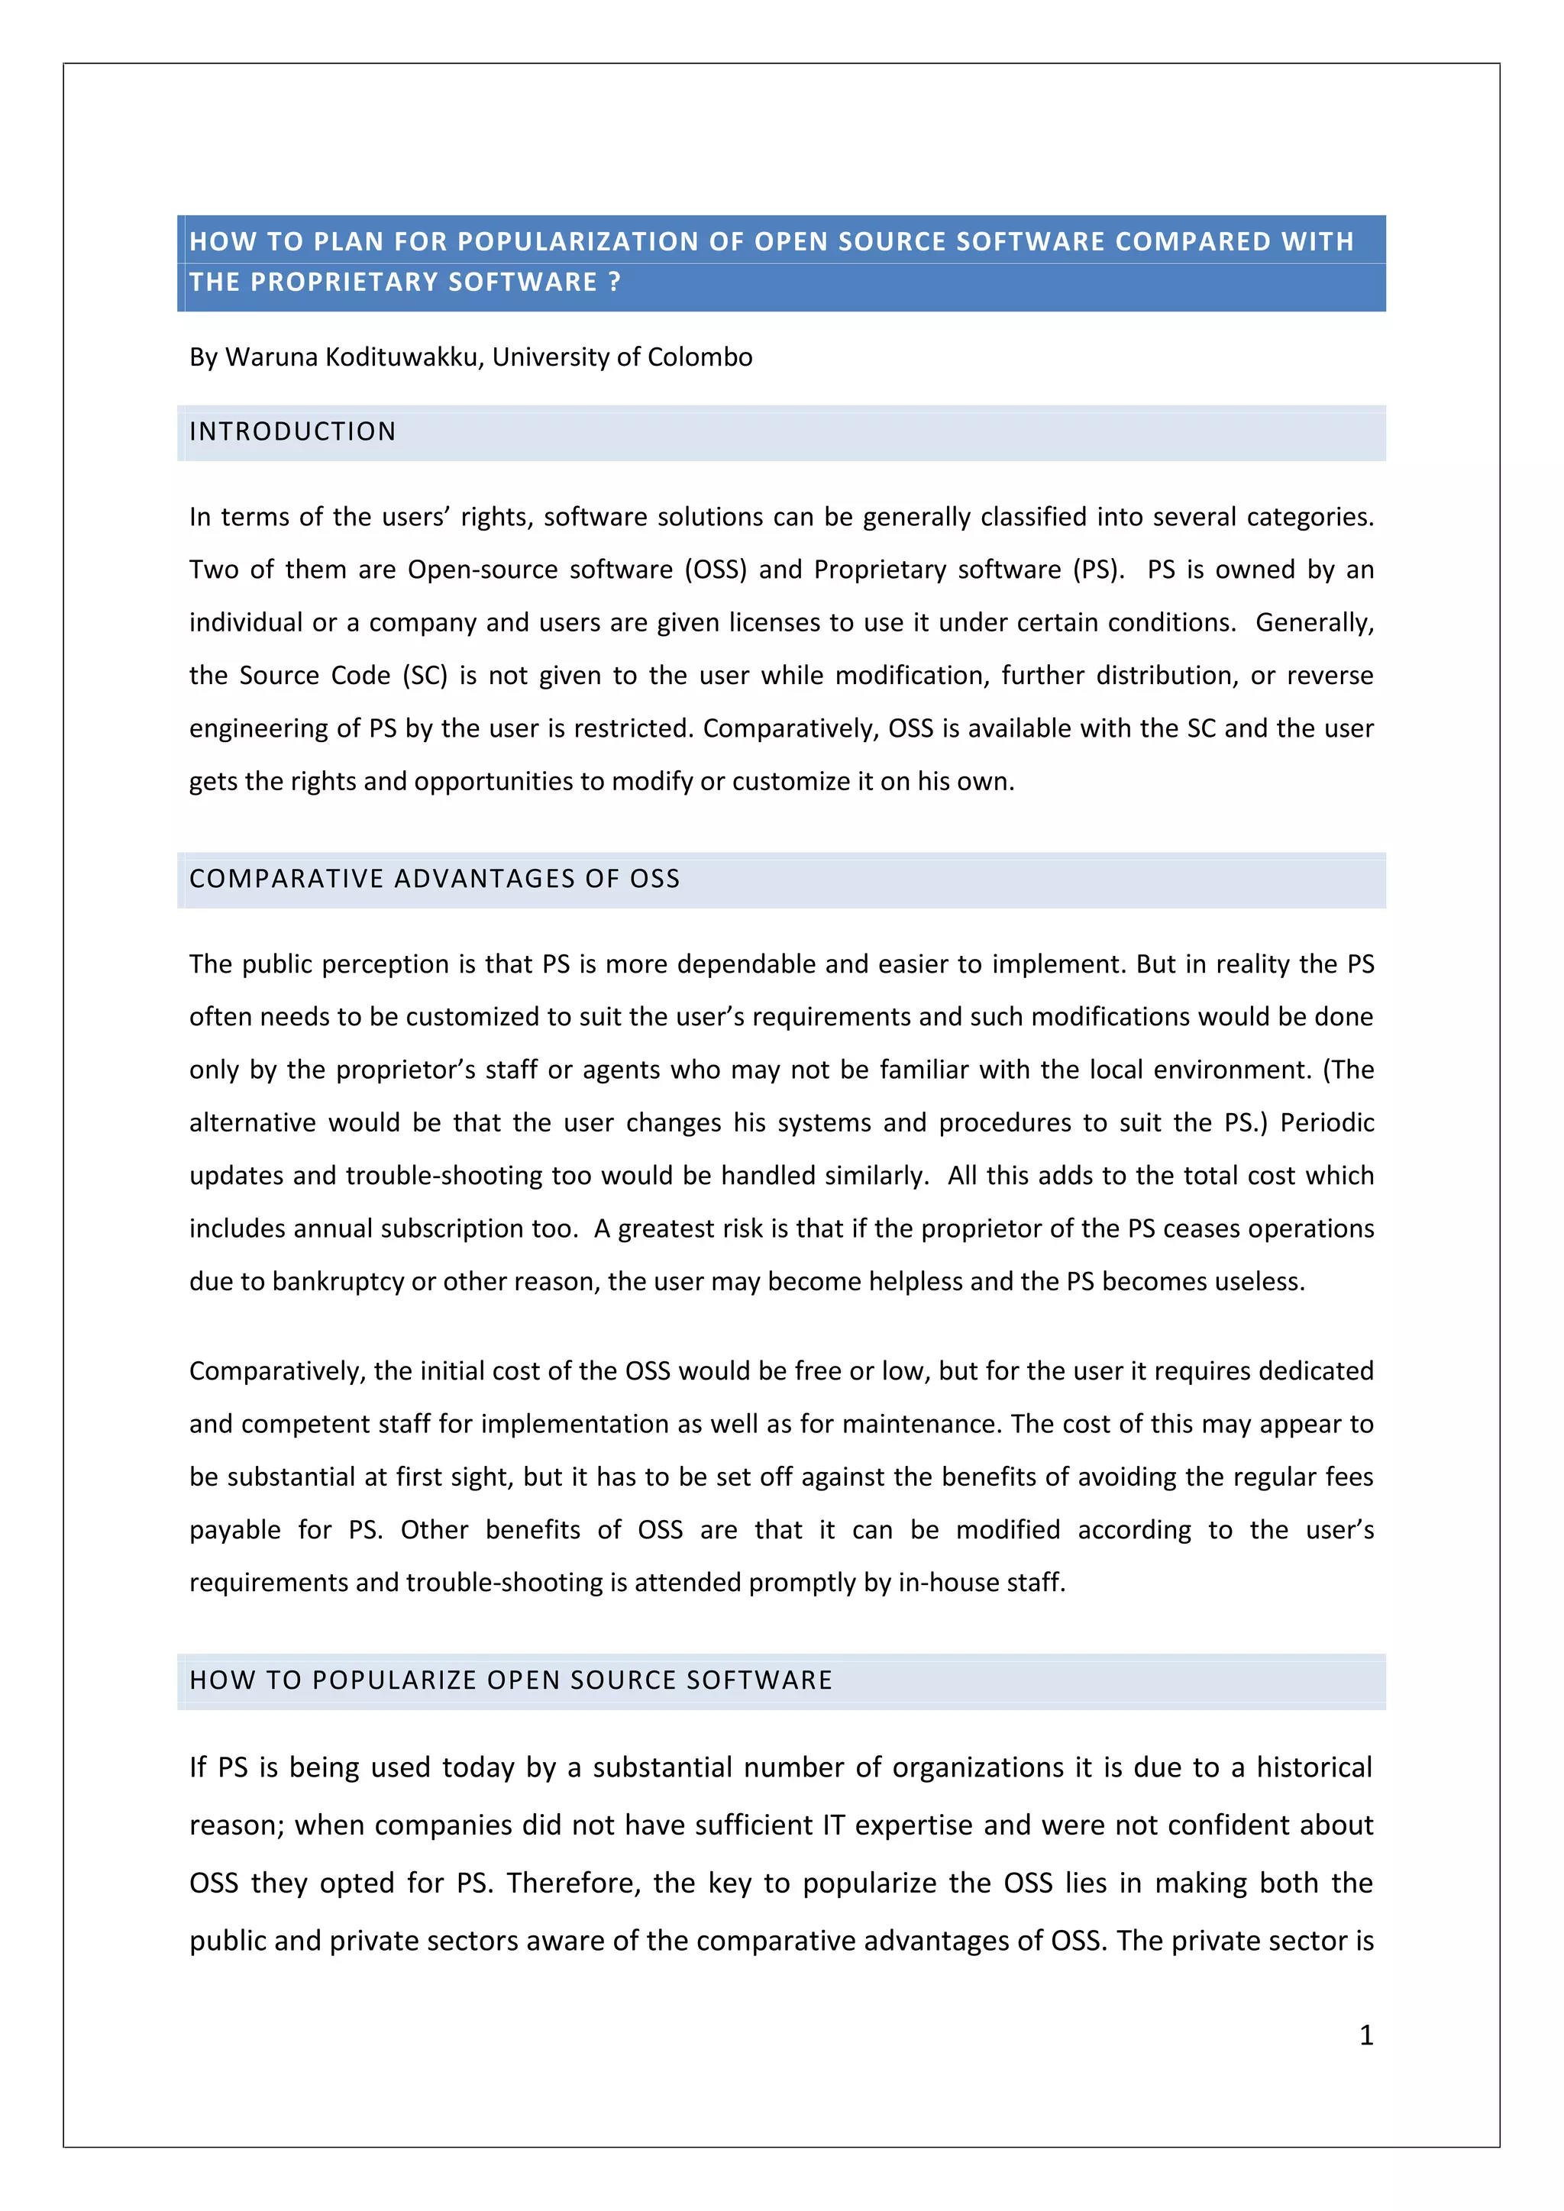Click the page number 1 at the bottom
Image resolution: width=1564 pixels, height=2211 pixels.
(x=1365, y=2034)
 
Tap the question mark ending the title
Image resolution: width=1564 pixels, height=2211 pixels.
(x=615, y=282)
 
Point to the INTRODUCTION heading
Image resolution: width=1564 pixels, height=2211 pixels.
(x=292, y=431)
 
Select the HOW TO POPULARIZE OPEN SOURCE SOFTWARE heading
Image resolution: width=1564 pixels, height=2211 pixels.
(x=510, y=1680)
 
